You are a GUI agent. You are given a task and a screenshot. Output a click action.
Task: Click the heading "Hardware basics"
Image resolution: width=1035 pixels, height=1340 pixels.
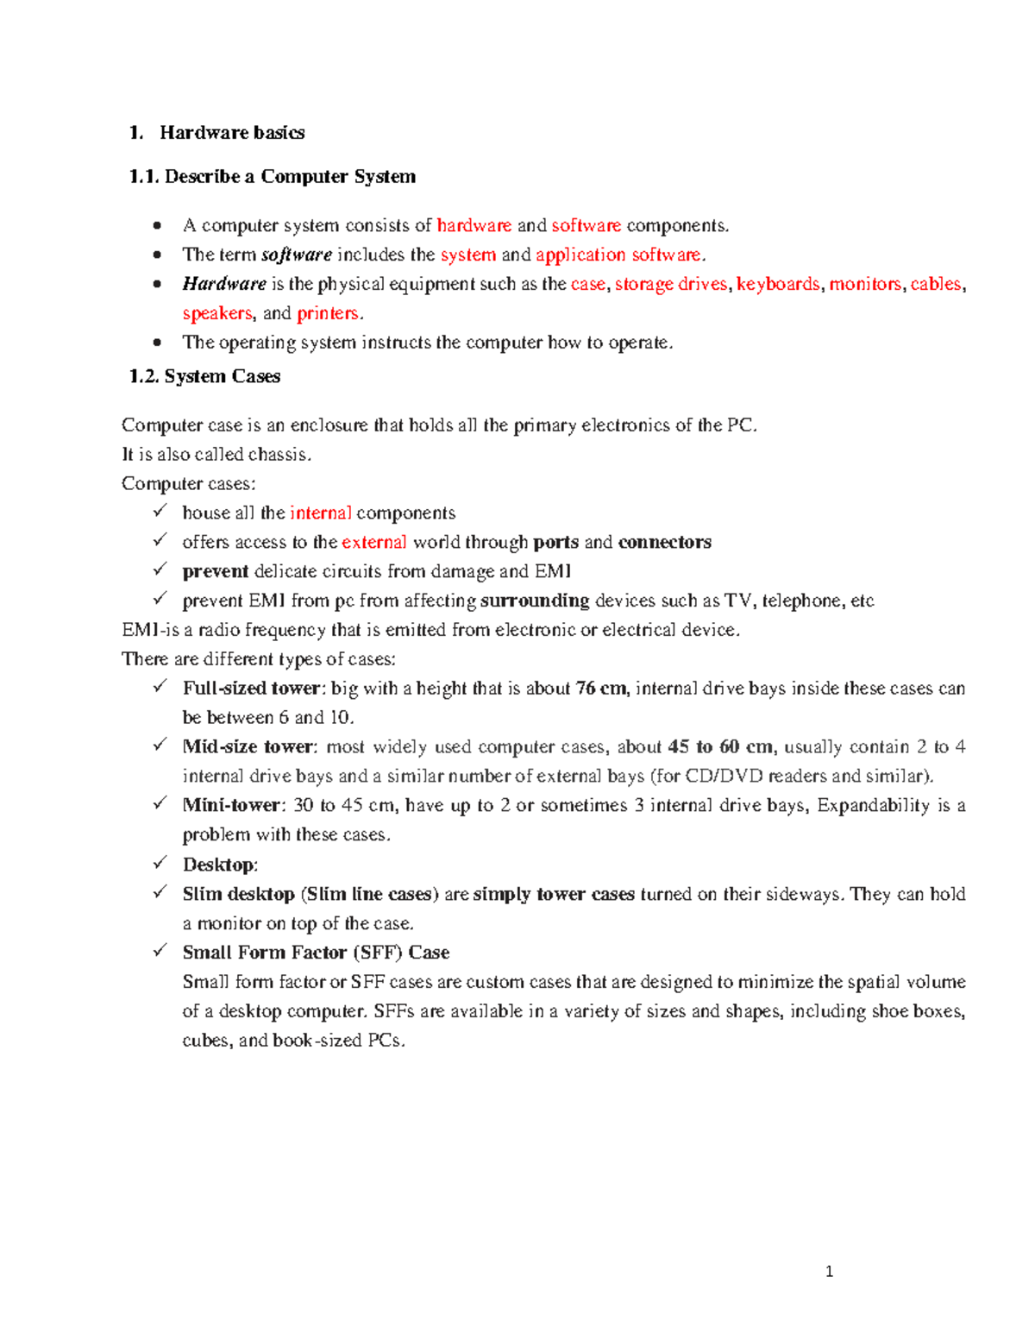(231, 132)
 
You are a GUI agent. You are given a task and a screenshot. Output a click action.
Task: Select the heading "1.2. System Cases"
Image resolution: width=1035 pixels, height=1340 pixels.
(204, 376)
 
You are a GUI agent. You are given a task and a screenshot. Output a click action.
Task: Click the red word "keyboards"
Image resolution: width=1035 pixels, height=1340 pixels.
(777, 284)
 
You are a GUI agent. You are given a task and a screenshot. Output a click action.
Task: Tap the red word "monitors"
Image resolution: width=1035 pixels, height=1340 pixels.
(865, 284)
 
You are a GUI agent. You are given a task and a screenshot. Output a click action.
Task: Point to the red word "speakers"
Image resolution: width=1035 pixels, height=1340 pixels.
(217, 313)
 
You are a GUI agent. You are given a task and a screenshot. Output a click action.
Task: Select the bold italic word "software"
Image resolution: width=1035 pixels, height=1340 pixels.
(296, 255)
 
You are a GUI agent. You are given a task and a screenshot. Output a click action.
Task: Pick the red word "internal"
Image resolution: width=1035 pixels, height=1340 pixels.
(320, 513)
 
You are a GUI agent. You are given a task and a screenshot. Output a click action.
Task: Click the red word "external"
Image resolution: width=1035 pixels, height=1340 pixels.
(373, 542)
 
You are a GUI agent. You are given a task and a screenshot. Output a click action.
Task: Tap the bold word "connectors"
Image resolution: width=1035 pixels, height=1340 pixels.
(664, 542)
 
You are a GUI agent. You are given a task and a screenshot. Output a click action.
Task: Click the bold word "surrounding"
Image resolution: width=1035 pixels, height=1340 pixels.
(535, 601)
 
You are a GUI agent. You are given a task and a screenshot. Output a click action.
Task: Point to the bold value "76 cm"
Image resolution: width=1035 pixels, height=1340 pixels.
(601, 689)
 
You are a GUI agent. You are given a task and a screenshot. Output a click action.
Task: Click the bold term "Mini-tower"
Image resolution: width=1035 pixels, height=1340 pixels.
(231, 806)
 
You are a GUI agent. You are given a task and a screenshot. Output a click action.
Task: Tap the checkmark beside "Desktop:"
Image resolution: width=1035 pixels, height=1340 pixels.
(160, 863)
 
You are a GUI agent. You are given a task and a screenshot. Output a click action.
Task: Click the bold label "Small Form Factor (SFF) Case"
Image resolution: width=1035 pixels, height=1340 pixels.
(316, 953)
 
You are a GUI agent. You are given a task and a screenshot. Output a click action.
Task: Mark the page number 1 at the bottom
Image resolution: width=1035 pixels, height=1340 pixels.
(829, 1271)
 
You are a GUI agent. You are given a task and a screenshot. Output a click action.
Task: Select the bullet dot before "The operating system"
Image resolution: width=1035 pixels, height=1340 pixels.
(156, 343)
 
